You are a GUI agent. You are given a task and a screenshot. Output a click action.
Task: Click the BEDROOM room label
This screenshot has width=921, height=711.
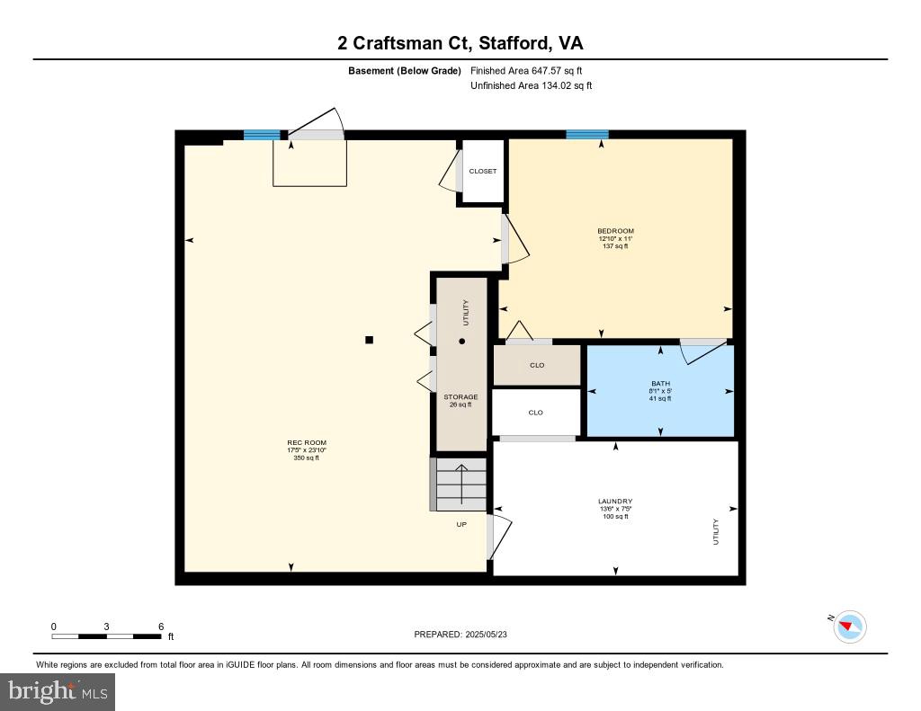click(615, 231)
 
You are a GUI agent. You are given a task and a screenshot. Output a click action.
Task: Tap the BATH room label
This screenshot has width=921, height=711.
click(661, 384)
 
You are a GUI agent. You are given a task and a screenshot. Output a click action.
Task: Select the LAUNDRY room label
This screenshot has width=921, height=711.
click(615, 502)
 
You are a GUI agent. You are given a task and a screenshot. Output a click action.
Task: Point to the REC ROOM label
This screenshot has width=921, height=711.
click(307, 442)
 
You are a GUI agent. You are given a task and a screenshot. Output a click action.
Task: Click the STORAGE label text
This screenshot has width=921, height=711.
click(460, 396)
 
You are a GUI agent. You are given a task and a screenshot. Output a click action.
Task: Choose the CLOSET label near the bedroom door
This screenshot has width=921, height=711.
click(482, 171)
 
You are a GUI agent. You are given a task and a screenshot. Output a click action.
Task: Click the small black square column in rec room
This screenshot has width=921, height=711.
click(369, 340)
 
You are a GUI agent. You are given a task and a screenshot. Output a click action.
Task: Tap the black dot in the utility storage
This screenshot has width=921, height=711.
click(462, 341)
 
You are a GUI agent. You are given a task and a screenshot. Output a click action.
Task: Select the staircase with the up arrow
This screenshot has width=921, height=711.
click(460, 485)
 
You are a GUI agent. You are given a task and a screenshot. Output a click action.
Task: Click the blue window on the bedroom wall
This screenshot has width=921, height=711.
click(587, 135)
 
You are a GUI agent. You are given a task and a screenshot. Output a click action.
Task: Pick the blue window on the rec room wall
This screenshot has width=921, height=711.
click(262, 135)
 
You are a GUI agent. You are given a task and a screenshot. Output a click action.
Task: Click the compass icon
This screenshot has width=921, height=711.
click(850, 627)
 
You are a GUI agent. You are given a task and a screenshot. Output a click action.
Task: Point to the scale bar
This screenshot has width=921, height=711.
click(107, 636)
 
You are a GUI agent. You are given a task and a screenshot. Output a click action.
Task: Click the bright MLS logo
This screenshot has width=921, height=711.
click(58, 691)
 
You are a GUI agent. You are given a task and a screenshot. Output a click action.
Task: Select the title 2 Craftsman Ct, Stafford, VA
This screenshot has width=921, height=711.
click(460, 43)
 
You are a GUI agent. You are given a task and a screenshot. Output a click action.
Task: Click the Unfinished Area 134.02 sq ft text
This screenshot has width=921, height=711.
click(531, 86)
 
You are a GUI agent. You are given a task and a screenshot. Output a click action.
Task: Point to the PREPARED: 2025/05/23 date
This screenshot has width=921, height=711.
click(466, 635)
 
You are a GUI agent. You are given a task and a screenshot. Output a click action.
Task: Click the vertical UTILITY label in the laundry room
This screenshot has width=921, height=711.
click(716, 531)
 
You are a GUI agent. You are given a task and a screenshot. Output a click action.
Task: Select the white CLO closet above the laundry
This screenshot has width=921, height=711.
click(536, 413)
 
